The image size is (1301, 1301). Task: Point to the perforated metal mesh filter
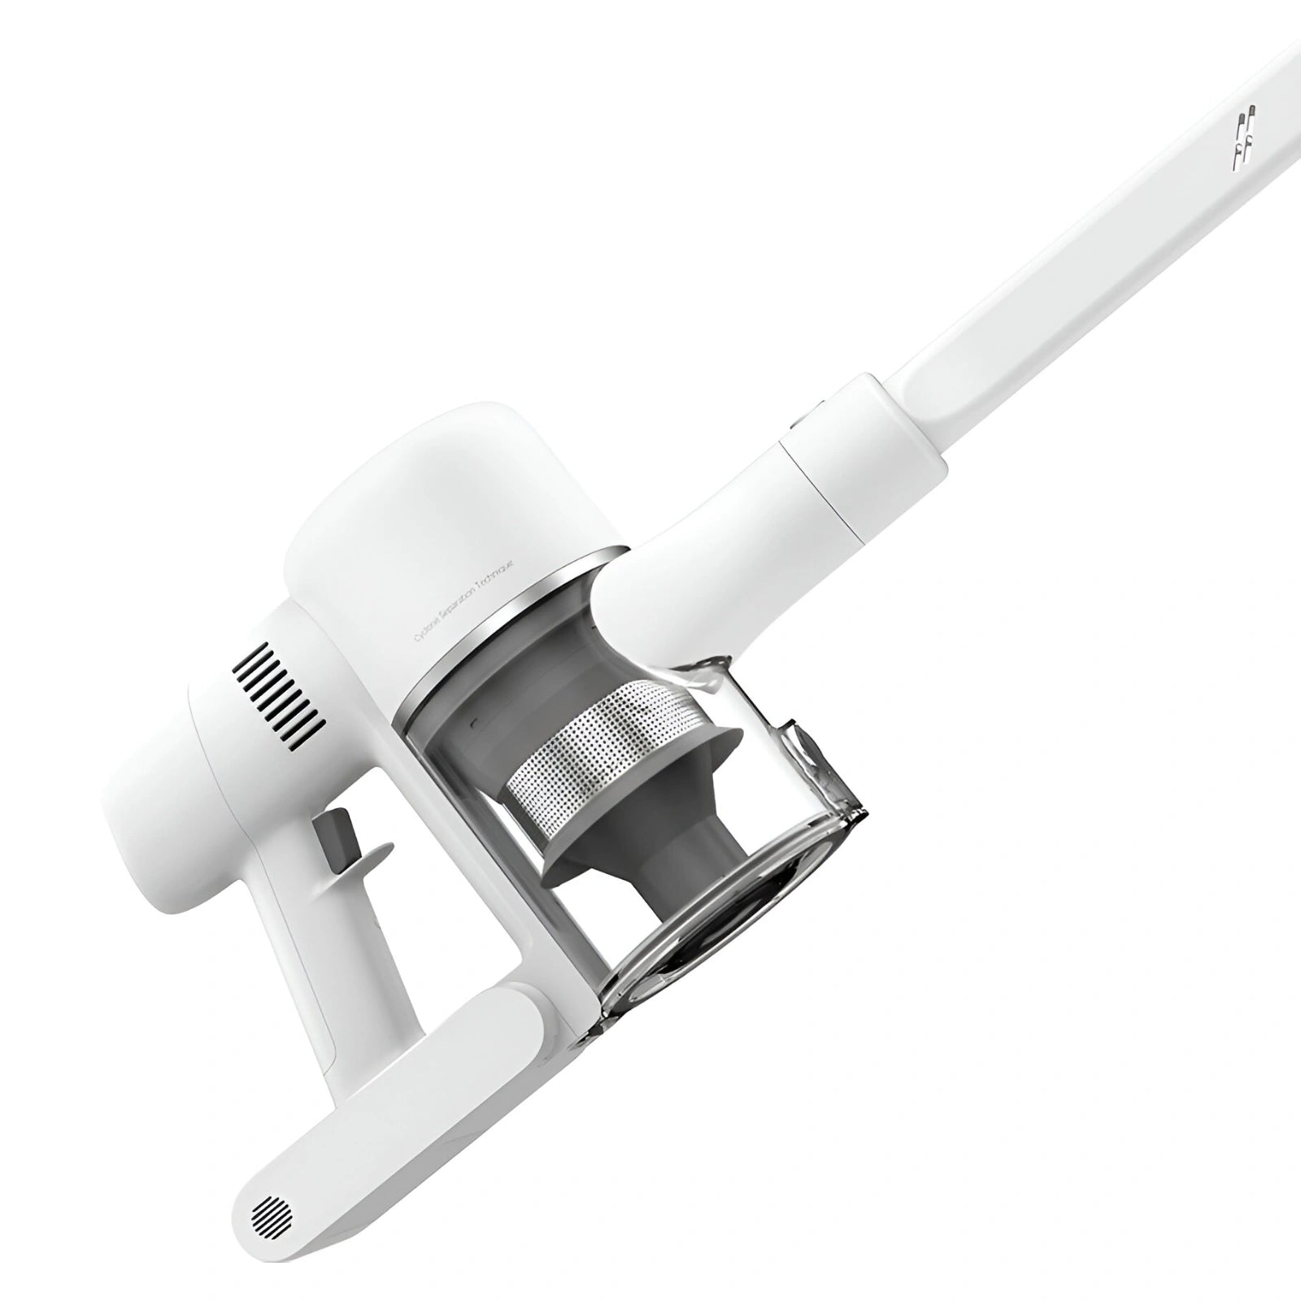point(598,748)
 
